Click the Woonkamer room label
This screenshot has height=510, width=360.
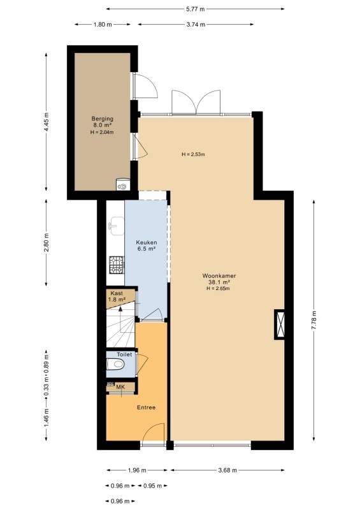pos(219,276)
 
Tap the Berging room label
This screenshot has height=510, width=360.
pos(102,119)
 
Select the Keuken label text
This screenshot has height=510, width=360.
pos(147,242)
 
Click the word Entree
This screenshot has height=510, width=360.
pos(146,407)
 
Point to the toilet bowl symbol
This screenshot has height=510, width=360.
pos(115,364)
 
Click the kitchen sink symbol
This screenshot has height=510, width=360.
pos(116,226)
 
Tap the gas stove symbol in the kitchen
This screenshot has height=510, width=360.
pos(117,265)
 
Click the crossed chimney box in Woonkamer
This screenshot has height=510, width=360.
pos(280,324)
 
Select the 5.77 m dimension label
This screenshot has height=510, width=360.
pos(196,9)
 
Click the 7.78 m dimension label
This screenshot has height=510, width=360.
pos(314,321)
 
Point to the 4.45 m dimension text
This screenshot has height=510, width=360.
pos(46,122)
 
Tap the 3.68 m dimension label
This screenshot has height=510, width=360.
pos(227,470)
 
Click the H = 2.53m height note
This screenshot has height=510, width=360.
pos(193,154)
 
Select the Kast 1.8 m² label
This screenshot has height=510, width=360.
pos(117,296)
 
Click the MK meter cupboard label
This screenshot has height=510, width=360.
pos(120,387)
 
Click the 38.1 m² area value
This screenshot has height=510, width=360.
pos(219,282)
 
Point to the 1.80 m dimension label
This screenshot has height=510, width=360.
pos(103,24)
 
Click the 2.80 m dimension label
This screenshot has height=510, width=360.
pos(46,243)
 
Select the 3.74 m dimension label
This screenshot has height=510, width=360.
pos(196,24)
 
